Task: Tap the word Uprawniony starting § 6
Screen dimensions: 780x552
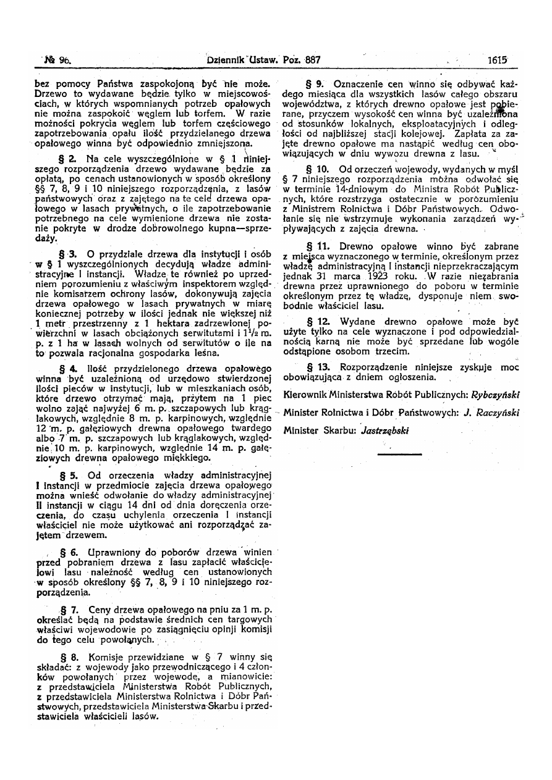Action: (x=117, y=550)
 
